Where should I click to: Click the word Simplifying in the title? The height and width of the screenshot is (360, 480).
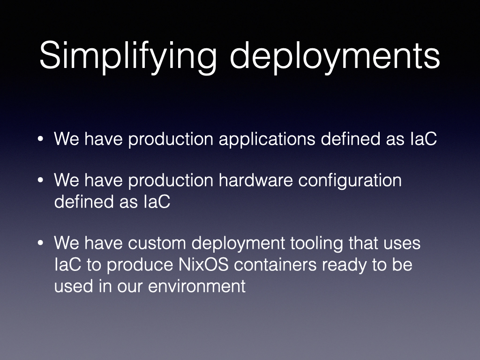[128, 57]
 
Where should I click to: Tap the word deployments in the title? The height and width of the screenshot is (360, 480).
[335, 57]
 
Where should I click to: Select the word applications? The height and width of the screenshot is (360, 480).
[267, 140]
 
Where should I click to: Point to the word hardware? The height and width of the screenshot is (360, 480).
[256, 180]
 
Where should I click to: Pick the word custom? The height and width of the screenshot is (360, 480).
[157, 243]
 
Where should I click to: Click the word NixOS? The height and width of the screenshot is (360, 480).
[203, 265]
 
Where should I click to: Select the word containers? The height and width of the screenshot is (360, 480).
[275, 265]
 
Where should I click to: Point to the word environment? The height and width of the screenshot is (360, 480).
[196, 286]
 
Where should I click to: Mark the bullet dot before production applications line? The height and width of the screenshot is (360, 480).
[40, 139]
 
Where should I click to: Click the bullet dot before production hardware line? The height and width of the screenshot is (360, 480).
[40, 180]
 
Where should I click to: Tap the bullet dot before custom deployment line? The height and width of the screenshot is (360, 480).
[40, 243]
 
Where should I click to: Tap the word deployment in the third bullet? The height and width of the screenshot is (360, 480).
[239, 244]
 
